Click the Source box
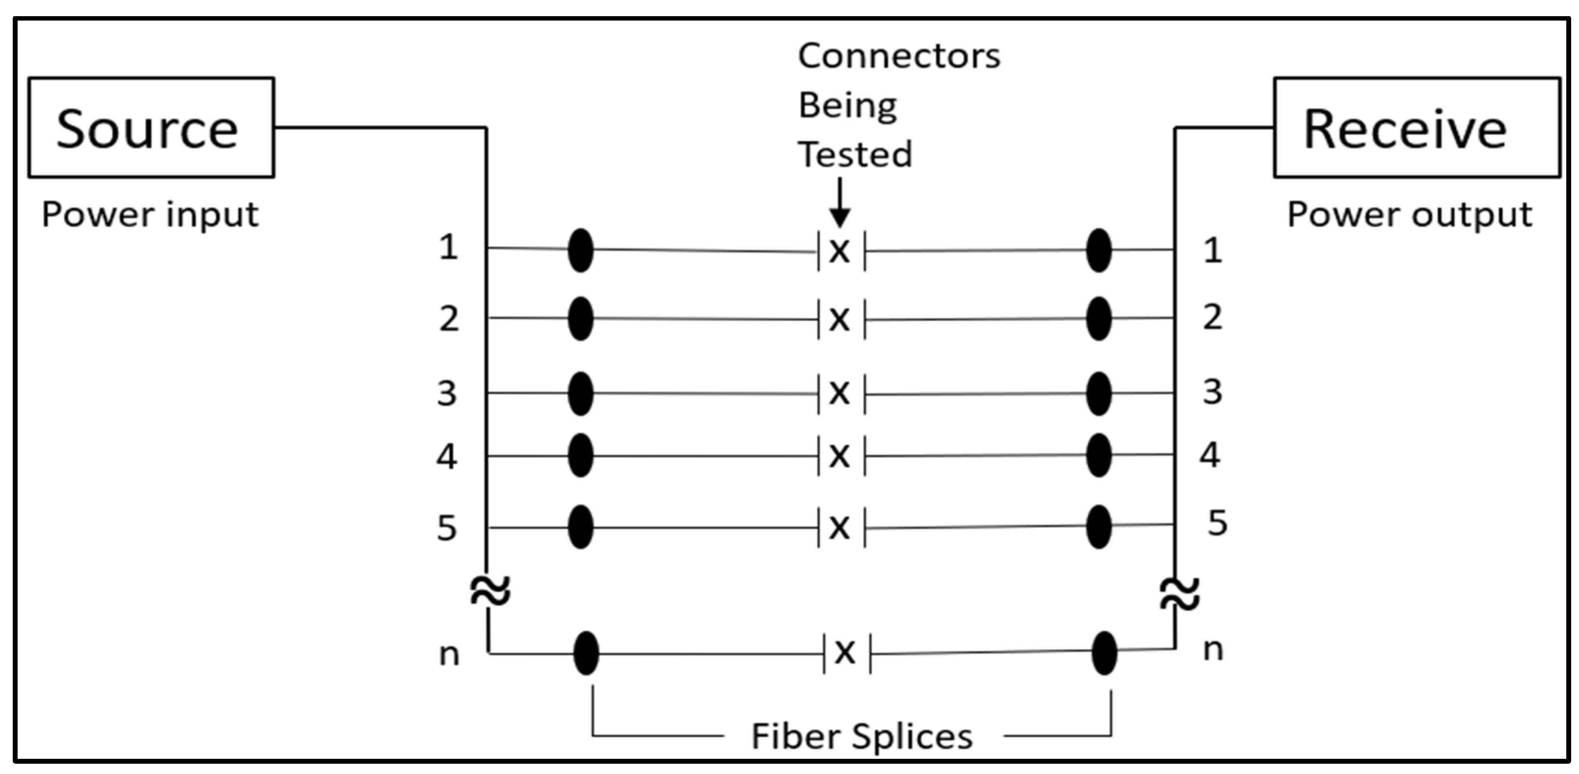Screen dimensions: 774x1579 pyautogui.click(x=151, y=127)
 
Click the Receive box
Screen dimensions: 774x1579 pyautogui.click(x=1416, y=127)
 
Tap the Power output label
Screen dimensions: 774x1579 pyautogui.click(x=1409, y=215)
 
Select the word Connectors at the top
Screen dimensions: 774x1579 pyautogui.click(x=899, y=56)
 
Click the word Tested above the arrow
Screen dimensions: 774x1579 pyautogui.click(x=855, y=154)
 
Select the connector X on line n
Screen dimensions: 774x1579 pyautogui.click(x=845, y=653)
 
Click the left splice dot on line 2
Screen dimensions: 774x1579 pyautogui.click(x=580, y=319)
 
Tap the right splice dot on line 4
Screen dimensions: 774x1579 pyautogui.click(x=1099, y=455)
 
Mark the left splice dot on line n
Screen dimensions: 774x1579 pyautogui.click(x=586, y=653)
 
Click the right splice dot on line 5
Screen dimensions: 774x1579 pyautogui.click(x=1099, y=526)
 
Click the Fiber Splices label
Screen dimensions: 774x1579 pyautogui.click(x=862, y=736)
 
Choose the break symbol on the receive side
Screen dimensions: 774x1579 pyautogui.click(x=1179, y=594)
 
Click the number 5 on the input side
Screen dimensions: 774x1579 pyautogui.click(x=446, y=528)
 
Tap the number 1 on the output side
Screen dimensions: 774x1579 pyautogui.click(x=1212, y=251)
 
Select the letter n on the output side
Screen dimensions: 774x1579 pyautogui.click(x=1213, y=650)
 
